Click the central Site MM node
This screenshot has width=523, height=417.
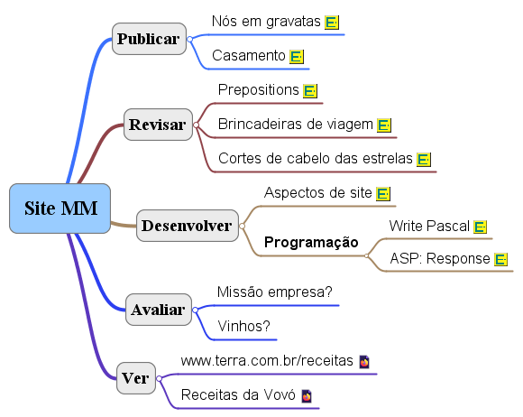click(x=60, y=208)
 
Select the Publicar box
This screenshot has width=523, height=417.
click(x=149, y=39)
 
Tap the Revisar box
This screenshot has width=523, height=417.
click(x=158, y=125)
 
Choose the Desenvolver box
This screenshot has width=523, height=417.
click(x=188, y=226)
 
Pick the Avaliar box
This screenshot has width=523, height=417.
click(x=159, y=310)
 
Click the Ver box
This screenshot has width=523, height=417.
click(x=136, y=378)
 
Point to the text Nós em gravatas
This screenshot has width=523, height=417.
click(x=266, y=22)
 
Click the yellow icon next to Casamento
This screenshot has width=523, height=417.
click(x=297, y=57)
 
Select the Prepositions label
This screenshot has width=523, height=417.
click(x=259, y=89)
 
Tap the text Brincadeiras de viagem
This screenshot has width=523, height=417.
click(x=296, y=124)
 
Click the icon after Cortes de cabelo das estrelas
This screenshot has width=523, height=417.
click(x=424, y=159)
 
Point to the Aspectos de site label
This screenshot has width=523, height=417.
click(x=318, y=192)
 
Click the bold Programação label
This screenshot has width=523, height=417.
click(x=311, y=242)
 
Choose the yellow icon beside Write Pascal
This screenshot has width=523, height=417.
click(x=480, y=227)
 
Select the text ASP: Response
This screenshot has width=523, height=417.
click(x=440, y=259)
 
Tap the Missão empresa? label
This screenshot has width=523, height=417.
click(x=275, y=292)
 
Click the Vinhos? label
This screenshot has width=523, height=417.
click(x=243, y=326)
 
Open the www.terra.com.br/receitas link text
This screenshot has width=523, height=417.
click(x=267, y=361)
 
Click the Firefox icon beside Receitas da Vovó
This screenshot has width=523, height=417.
click(x=307, y=396)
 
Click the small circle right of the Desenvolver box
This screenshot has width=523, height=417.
click(x=243, y=226)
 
